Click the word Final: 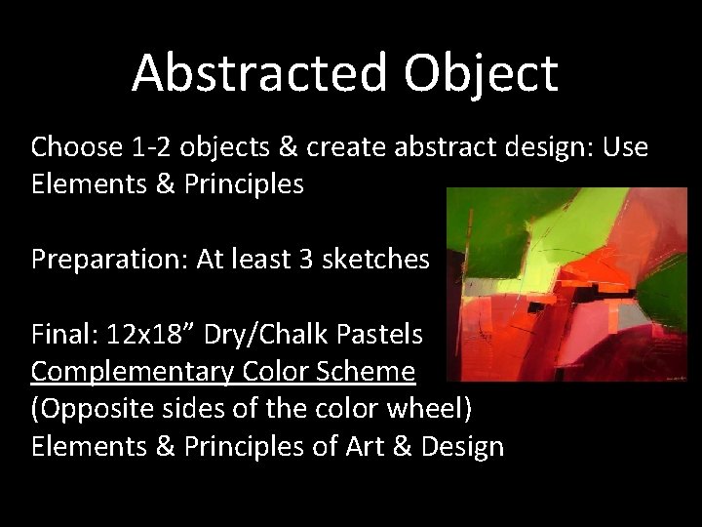click(x=63, y=335)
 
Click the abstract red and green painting click(x=565, y=284)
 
